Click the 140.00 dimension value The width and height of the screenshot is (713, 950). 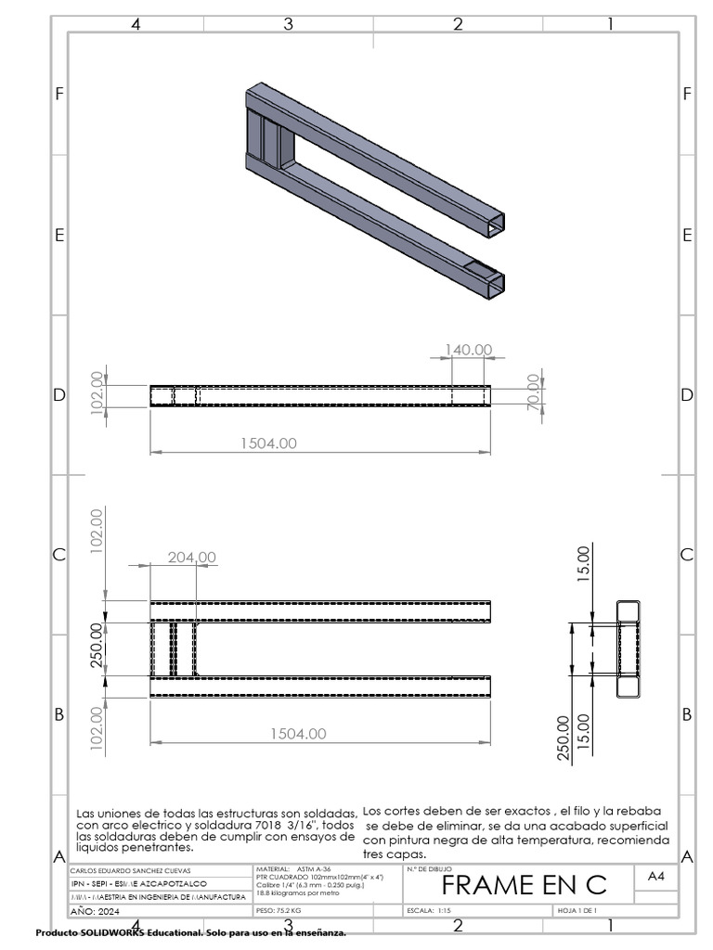tap(469, 350)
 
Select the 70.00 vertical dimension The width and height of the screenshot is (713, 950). tap(533, 395)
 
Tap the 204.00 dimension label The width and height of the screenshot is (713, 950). tap(191, 558)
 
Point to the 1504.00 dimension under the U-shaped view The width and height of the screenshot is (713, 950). tap(298, 733)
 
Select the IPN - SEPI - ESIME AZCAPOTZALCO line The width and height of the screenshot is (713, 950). tap(139, 884)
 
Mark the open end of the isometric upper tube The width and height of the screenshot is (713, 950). tap(499, 222)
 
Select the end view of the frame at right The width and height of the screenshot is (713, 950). tap(629, 649)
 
